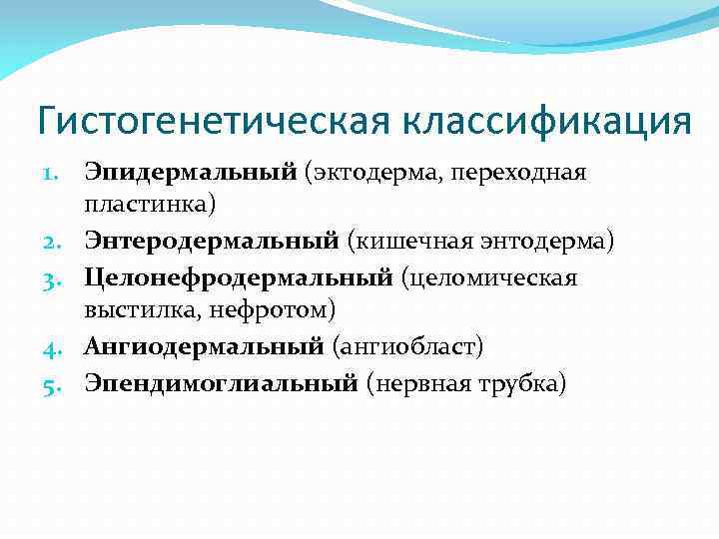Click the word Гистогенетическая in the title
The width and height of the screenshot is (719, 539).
point(215,122)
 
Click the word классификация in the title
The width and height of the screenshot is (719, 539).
point(547,122)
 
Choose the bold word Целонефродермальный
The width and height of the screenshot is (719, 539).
point(239,276)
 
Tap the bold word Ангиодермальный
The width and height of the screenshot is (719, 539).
point(204,346)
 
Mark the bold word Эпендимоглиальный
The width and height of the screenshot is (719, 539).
point(221,381)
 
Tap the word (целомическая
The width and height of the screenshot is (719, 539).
point(489,276)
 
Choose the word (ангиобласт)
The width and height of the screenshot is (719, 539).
point(407,346)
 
